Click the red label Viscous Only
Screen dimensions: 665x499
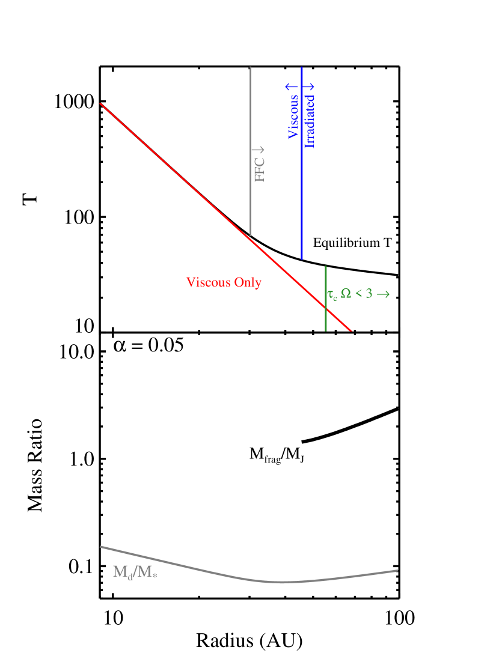[x=224, y=282]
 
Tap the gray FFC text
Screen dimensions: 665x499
[x=260, y=169]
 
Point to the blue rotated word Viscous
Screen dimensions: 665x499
[x=293, y=117]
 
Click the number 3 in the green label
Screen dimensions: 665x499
[x=369, y=294]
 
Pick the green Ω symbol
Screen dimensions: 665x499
[x=346, y=294]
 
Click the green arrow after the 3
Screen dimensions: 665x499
[x=383, y=294]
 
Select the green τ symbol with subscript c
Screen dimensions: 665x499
[x=332, y=295]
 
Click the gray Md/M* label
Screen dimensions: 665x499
[x=135, y=572]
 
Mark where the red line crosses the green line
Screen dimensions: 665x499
[x=326, y=307]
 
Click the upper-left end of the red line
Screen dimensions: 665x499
[x=100, y=104]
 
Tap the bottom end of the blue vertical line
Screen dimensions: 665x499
[x=301, y=260]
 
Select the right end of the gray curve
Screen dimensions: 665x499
[x=397, y=570]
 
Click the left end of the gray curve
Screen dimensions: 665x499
[x=100, y=546]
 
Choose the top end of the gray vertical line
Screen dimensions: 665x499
[x=250, y=67]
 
